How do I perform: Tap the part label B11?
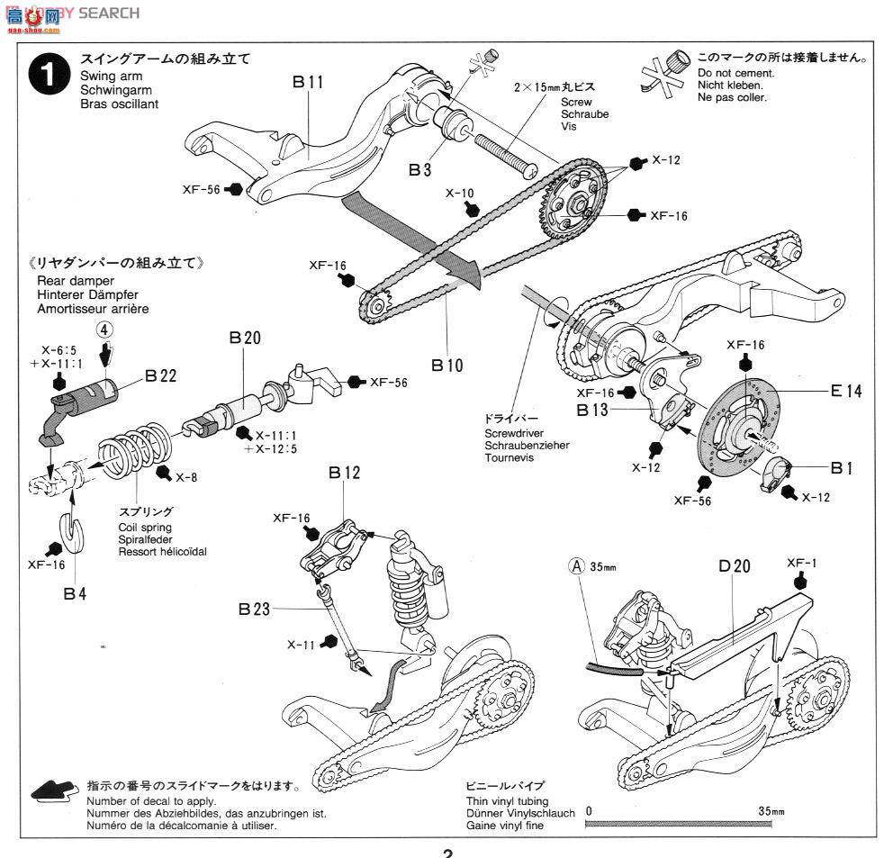[x=308, y=82]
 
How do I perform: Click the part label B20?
[x=244, y=338]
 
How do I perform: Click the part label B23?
[x=255, y=610]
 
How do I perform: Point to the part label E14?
[x=846, y=391]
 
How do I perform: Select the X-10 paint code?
[x=459, y=193]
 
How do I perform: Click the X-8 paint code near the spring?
[x=187, y=477]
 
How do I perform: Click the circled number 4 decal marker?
[x=105, y=330]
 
